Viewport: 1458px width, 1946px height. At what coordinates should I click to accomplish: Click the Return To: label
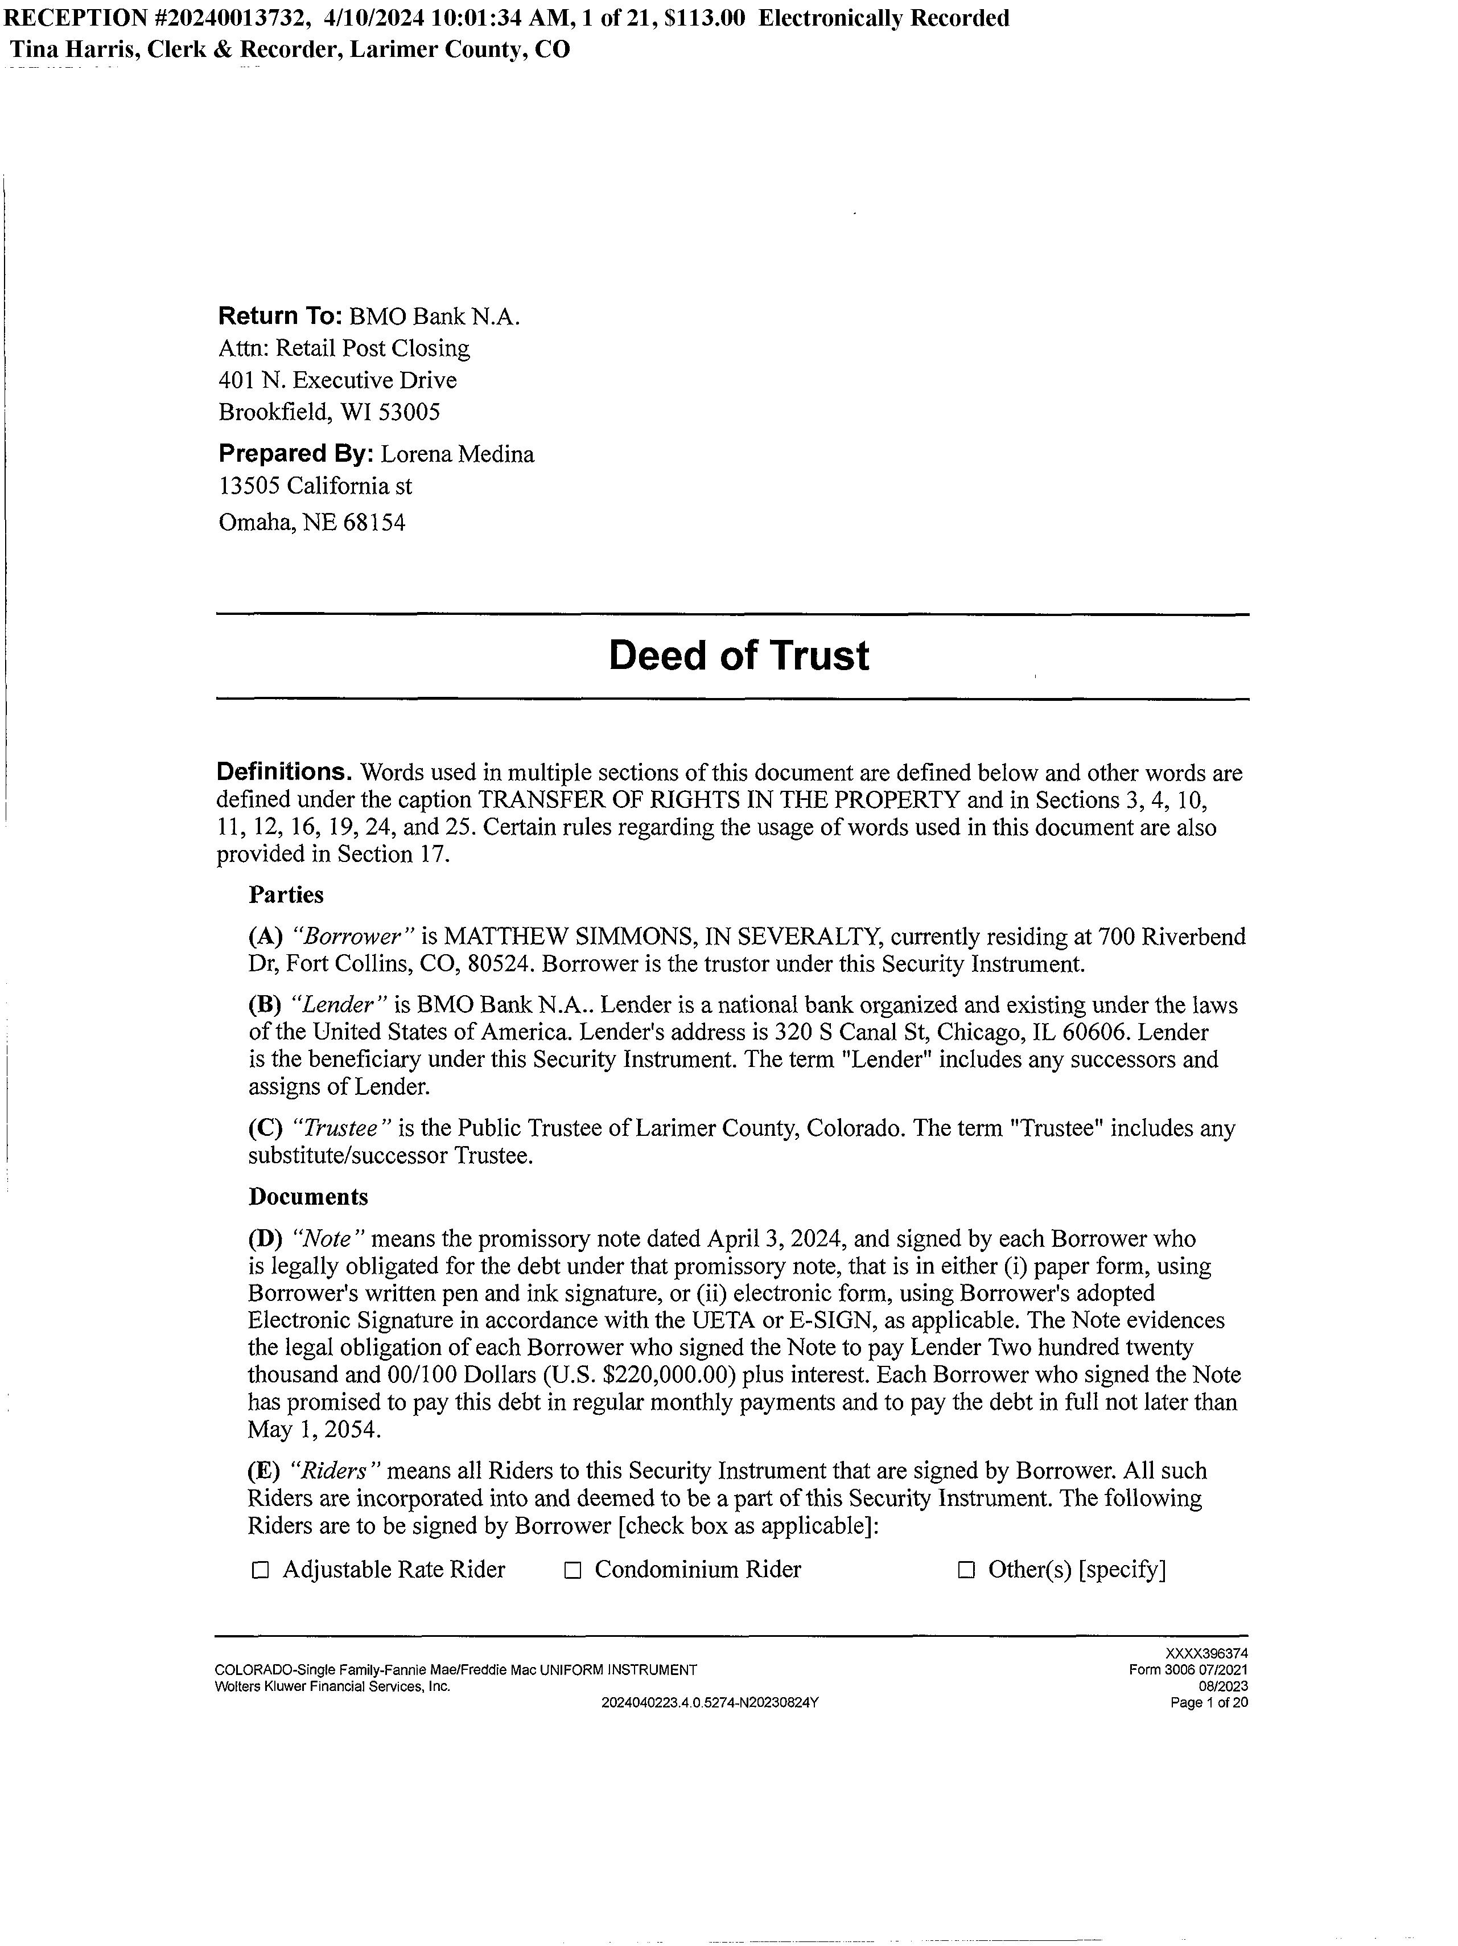tap(279, 317)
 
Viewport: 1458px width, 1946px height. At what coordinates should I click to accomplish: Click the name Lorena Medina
tap(458, 455)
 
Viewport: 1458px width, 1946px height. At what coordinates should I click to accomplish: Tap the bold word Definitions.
tap(284, 773)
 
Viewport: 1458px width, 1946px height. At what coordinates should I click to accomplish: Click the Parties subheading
tap(286, 894)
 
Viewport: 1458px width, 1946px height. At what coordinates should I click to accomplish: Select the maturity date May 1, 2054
tap(314, 1430)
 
